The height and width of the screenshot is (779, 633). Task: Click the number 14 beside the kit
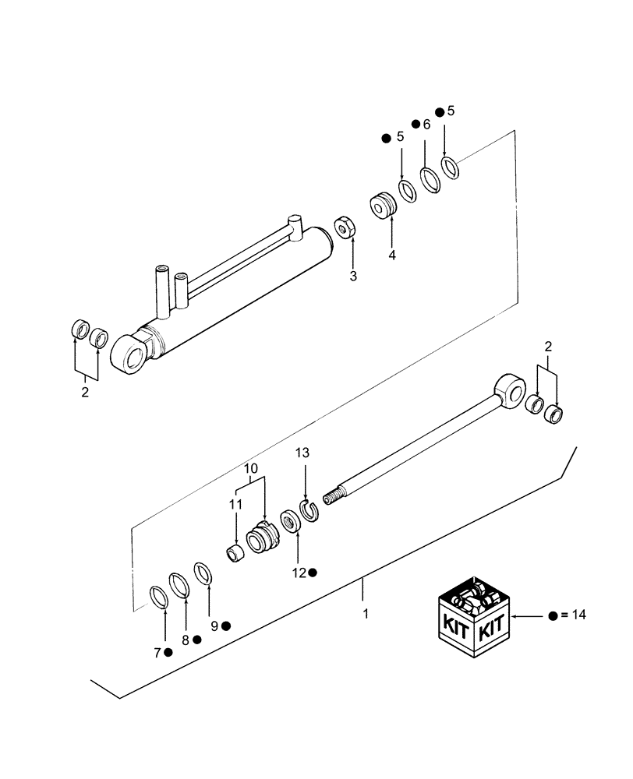[578, 615]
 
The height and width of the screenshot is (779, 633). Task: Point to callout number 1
[365, 614]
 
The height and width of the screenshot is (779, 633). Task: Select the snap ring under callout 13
[309, 513]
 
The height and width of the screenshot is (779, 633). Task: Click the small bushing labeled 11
[235, 555]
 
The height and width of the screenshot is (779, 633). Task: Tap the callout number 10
[249, 469]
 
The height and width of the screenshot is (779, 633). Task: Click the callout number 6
[426, 124]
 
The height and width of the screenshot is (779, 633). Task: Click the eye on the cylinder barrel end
[130, 354]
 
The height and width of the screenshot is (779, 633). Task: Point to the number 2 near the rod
[548, 346]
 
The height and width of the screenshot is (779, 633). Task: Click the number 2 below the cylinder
[85, 392]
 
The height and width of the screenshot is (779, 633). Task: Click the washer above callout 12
[290, 520]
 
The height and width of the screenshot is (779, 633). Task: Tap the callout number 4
[392, 255]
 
